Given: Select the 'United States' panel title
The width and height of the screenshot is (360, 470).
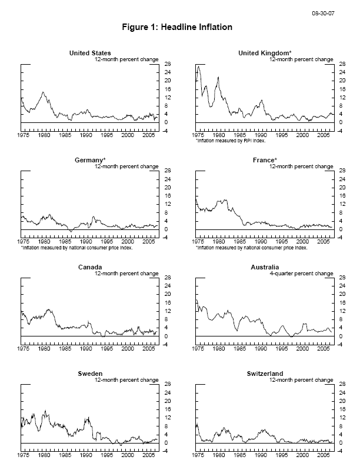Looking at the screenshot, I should pyautogui.click(x=89, y=54).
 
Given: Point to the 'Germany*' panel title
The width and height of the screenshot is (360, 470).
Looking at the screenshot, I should pyautogui.click(x=90, y=161).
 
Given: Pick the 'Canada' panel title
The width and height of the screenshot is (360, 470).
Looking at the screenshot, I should pyautogui.click(x=89, y=268).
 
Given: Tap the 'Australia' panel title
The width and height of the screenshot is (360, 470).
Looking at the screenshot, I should pyautogui.click(x=264, y=268).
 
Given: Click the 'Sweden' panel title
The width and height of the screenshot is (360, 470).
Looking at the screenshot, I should pyautogui.click(x=89, y=374).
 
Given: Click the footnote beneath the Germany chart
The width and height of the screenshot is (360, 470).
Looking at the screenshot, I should pyautogui.click(x=76, y=248).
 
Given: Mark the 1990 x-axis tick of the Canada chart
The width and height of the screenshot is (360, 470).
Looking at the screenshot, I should pyautogui.click(x=86, y=349).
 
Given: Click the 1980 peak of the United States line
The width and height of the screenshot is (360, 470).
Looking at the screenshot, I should pyautogui.click(x=43, y=92).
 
